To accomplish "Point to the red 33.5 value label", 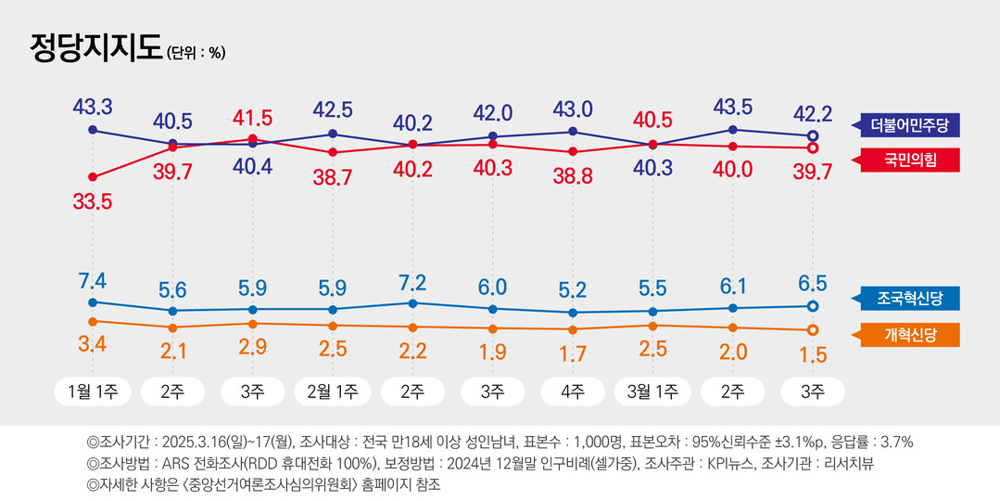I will click(x=92, y=201).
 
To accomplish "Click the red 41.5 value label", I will click(x=252, y=118).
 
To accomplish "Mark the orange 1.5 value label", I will click(x=813, y=354).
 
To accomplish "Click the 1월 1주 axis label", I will click(x=93, y=392).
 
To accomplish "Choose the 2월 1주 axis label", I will click(x=332, y=392).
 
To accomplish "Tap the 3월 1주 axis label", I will click(x=652, y=392).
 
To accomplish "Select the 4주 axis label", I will click(x=573, y=392).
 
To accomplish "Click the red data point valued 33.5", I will click(x=92, y=176).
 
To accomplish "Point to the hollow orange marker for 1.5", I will click(x=813, y=330).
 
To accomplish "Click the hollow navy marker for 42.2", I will click(x=813, y=135).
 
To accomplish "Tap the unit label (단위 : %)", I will click(x=196, y=53).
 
